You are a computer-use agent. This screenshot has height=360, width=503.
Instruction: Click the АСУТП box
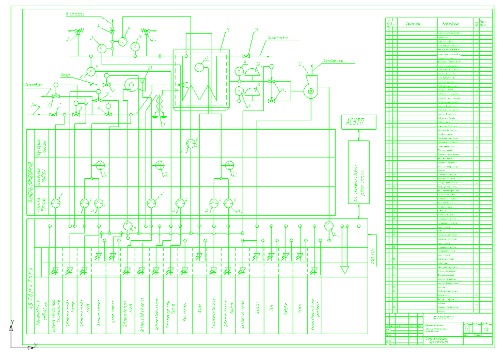pyautogui.click(x=358, y=122)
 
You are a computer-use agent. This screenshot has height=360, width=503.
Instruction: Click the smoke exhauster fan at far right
pyautogui.click(x=310, y=90)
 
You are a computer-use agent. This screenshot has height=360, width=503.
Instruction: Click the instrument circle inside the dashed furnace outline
pyautogui.click(x=199, y=66)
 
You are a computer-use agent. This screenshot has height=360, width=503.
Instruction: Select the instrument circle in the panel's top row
pyautogui.click(x=191, y=143)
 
